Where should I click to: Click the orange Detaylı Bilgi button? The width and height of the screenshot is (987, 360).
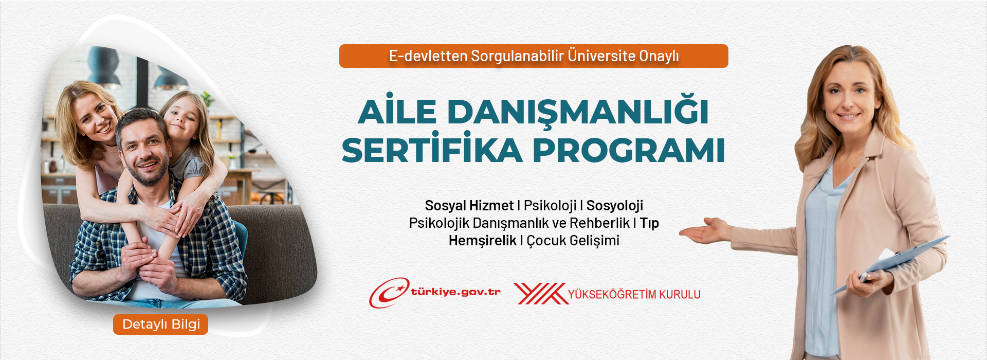pos(160,325)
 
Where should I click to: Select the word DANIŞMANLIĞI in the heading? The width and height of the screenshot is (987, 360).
pos(578,112)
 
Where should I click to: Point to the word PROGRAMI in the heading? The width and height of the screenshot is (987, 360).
pos(629,150)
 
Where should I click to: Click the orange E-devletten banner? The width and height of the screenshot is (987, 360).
pos(534,56)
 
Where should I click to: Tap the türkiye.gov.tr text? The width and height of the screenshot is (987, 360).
pos(455,292)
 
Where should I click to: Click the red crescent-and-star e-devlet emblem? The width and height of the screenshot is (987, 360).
pos(389,293)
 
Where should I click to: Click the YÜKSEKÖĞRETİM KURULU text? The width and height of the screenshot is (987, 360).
pos(634,294)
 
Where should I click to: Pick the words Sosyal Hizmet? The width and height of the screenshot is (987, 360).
pos(469,206)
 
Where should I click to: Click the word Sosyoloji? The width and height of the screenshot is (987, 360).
pos(615,206)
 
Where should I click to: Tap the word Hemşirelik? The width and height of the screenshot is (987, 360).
pos(482,241)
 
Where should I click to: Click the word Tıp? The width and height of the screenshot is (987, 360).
pos(649,223)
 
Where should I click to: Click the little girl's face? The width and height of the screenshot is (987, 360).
pos(182,121)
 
